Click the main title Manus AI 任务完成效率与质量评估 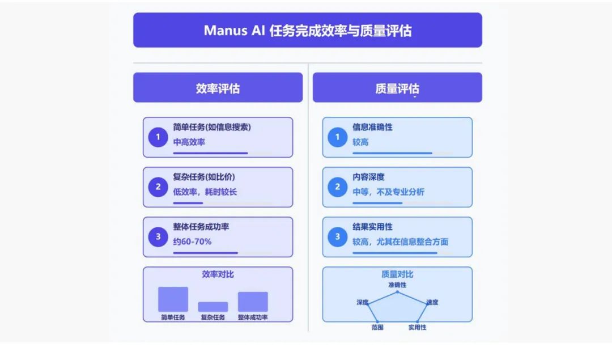pyautogui.click(x=307, y=30)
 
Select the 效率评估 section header pyautogui.click(x=218, y=88)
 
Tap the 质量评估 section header pyautogui.click(x=397, y=88)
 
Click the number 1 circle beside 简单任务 pyautogui.click(x=158, y=137)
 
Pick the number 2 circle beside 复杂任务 pyautogui.click(x=158, y=187)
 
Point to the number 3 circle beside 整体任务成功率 pyautogui.click(x=158, y=236)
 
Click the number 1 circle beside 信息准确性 pyautogui.click(x=338, y=137)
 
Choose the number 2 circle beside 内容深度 pyautogui.click(x=338, y=187)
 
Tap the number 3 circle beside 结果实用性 pyautogui.click(x=338, y=236)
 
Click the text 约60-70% pyautogui.click(x=192, y=242)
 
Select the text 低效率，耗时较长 pyautogui.click(x=205, y=192)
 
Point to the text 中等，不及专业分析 pyautogui.click(x=388, y=192)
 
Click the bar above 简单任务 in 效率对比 pyautogui.click(x=173, y=299)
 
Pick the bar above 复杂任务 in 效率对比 pyautogui.click(x=212, y=306)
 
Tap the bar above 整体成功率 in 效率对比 pyautogui.click(x=253, y=301)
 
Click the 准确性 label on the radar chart pyautogui.click(x=397, y=285)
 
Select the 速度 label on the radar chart pyautogui.click(x=432, y=302)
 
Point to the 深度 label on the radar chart pyautogui.click(x=363, y=302)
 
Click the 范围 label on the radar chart pyautogui.click(x=377, y=327)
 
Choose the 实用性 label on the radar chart pyautogui.click(x=417, y=327)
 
